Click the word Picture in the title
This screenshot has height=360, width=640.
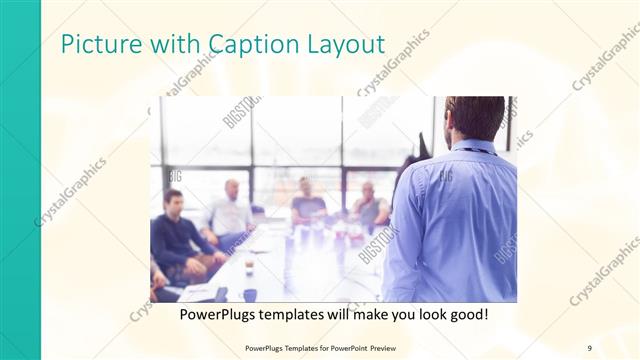click(97, 45)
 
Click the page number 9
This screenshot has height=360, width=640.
click(589, 348)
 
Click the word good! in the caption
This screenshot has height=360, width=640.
click(466, 315)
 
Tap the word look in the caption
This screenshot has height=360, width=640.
click(421, 315)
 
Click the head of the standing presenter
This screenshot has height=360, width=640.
click(474, 118)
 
